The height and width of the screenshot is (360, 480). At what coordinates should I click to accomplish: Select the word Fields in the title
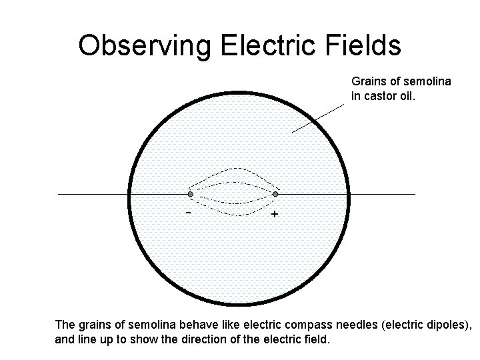click(x=363, y=46)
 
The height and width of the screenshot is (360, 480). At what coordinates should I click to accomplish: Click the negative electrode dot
click(x=191, y=194)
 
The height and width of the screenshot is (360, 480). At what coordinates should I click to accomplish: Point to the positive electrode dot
click(x=275, y=194)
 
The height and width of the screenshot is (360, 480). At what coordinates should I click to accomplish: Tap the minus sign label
click(x=189, y=213)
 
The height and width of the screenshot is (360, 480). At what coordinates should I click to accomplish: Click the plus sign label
click(x=275, y=215)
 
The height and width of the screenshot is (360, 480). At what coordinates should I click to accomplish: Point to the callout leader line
click(x=317, y=119)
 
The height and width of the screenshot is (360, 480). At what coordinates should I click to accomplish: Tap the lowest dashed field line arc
click(x=233, y=215)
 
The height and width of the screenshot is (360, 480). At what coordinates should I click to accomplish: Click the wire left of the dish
click(x=93, y=194)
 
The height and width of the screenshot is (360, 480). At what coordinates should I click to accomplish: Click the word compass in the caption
click(x=305, y=325)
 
